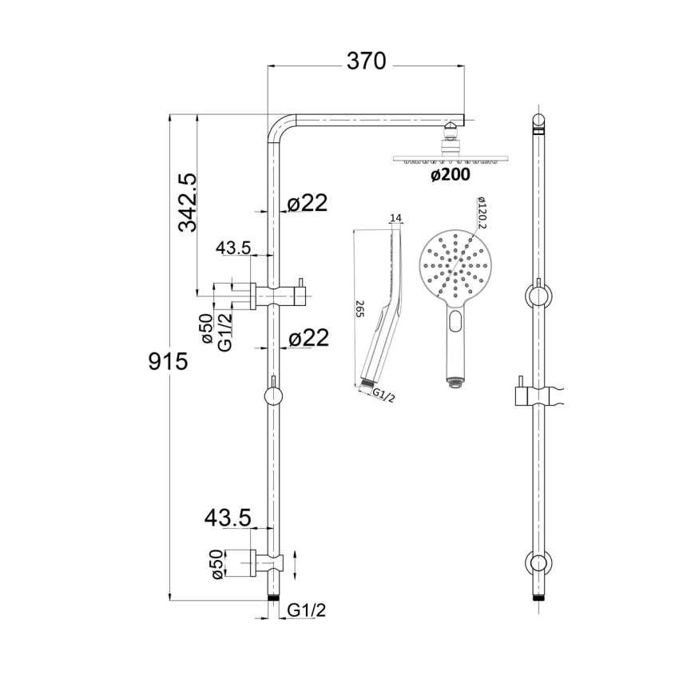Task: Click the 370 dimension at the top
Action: point(365,61)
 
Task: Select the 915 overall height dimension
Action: point(168,362)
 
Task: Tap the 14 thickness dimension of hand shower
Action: point(395,218)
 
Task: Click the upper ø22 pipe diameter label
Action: point(307,204)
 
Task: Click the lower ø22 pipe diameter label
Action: point(307,339)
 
